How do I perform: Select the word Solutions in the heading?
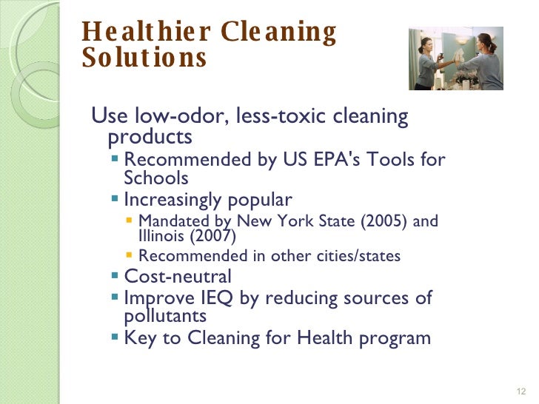144,58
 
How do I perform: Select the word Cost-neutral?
178,277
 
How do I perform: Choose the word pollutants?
165,315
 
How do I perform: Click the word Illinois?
160,236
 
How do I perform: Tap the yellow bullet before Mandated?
130,220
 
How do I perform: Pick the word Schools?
156,178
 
